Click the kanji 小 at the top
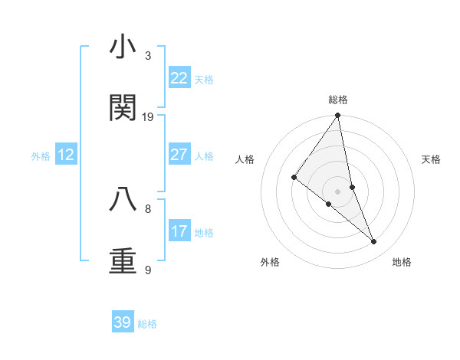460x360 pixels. pos(123,47)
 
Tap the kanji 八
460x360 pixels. pos(123,199)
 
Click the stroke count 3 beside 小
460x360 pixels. pos(148,56)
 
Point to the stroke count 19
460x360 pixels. pos(148,117)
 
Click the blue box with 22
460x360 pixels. pos(179,78)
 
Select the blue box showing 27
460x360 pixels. pos(179,155)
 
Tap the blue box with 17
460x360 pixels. pos(179,231)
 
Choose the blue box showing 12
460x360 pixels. pos(66,155)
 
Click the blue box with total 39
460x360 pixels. pos(123,322)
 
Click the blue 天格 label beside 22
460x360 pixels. pos(204,80)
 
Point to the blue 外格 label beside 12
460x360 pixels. pos(41,156)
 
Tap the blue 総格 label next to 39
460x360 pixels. pos(147,324)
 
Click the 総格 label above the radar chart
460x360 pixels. pos(338,100)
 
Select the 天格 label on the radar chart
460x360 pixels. pos(432,159)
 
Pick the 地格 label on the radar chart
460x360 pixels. pos(402,262)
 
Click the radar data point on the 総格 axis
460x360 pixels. pos(338,116)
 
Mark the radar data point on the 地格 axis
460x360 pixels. pos(374,242)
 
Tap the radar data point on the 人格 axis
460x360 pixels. pos(294,178)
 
